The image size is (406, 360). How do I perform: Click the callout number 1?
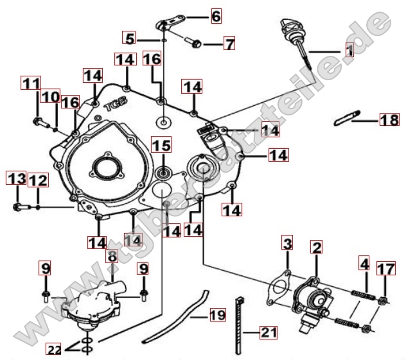click(x=349, y=48)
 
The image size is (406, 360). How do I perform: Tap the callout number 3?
click(x=287, y=244)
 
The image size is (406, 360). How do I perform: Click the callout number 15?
click(x=161, y=146)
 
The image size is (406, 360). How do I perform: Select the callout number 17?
click(x=382, y=269)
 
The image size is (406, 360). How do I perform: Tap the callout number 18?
click(x=389, y=120)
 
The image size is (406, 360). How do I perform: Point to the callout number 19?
click(x=218, y=314)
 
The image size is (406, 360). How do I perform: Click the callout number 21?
click(x=268, y=332)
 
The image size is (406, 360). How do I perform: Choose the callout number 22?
click(x=54, y=349)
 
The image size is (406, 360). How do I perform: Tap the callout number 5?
click(x=130, y=39)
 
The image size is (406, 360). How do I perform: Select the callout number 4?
click(x=364, y=264)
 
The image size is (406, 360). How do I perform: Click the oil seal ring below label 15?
click(x=163, y=172)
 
